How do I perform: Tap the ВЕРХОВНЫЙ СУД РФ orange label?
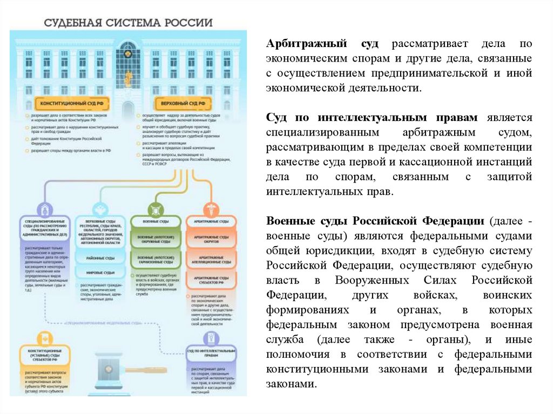click(180, 102)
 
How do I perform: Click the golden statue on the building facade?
click(128, 78)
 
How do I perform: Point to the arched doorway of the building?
click(128, 111)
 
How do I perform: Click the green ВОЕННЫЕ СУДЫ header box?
click(155, 222)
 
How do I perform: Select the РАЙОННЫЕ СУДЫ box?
click(102, 259)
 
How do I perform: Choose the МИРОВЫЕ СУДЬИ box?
click(102, 273)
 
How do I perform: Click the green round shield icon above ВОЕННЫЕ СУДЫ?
click(155, 209)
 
